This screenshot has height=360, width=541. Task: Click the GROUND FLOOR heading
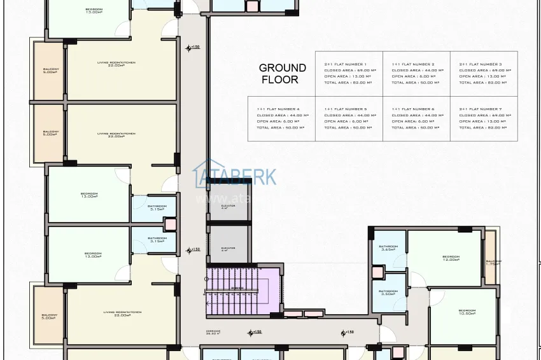pyautogui.click(x=282, y=74)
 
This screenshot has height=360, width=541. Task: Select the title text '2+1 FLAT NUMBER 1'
pyautogui.click(x=345, y=65)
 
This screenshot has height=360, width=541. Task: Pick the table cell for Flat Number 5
pyautogui.click(x=349, y=118)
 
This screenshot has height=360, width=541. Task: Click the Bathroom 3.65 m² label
pyautogui.click(x=388, y=248)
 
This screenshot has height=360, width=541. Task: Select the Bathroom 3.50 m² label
pyautogui.click(x=388, y=293)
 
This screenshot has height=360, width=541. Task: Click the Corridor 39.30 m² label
pyautogui.click(x=214, y=332)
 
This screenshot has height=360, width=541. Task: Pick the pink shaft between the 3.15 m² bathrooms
pyautogui.click(x=170, y=223)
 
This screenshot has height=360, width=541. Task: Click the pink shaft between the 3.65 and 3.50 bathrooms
pyautogui.click(x=377, y=272)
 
